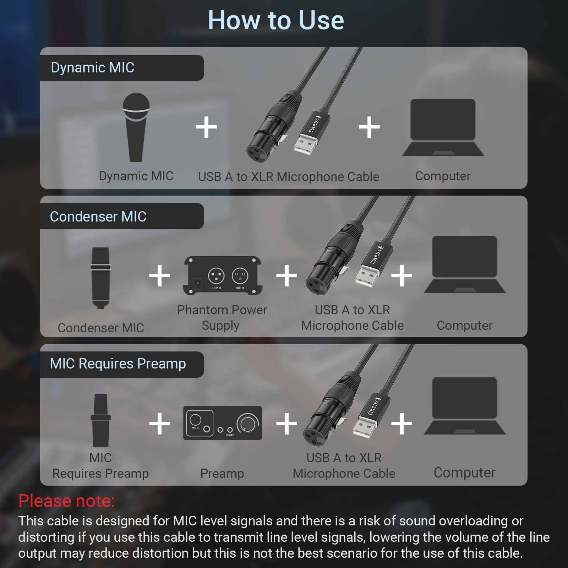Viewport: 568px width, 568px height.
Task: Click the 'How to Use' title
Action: pos(276,20)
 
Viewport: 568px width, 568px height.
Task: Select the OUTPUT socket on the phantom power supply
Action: pos(216,275)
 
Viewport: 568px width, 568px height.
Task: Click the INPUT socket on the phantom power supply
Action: pos(240,275)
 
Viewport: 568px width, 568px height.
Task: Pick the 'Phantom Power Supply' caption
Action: pos(222,317)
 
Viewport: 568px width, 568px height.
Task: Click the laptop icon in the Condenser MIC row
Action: pos(464,264)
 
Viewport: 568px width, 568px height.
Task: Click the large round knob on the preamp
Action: pos(248,423)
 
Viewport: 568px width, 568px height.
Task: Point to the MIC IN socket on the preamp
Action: pos(196,420)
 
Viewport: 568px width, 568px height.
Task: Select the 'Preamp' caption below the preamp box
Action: pos(222,473)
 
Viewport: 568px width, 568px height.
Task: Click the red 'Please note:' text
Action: pos(66,501)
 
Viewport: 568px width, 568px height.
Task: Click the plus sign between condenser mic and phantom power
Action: pos(159,275)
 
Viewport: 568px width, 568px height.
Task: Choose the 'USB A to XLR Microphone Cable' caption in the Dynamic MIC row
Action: pos(288,176)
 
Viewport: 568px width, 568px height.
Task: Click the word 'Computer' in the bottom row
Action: pos(464,473)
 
